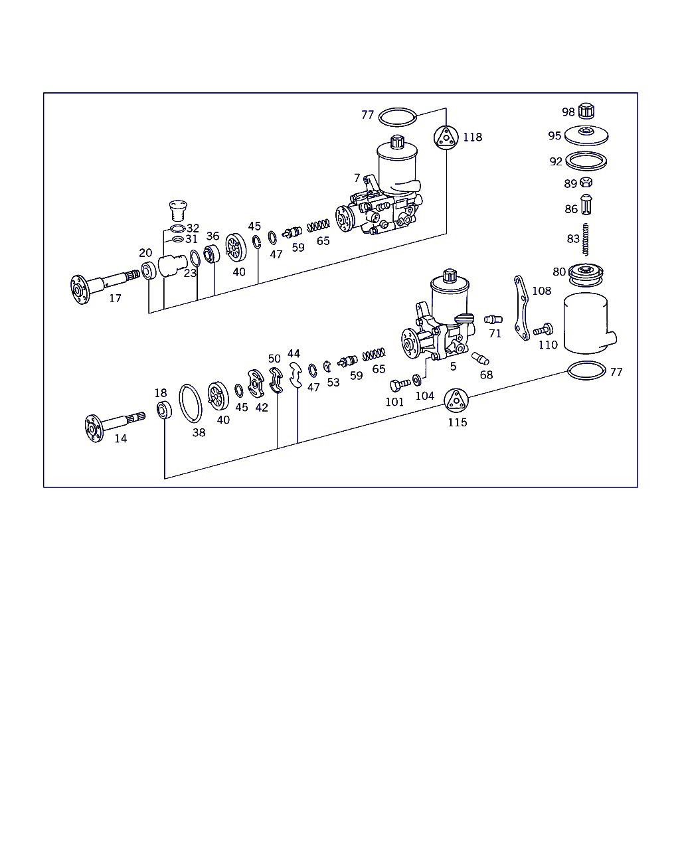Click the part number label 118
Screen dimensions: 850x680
[472, 137]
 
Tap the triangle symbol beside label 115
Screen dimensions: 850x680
[456, 400]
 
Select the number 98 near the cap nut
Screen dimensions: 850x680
[568, 112]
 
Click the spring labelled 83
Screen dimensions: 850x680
[586, 239]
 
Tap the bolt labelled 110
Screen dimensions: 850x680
[543, 329]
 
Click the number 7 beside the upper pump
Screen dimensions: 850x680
[357, 178]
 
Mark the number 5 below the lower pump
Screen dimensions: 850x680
[453, 367]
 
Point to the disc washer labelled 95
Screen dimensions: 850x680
[586, 135]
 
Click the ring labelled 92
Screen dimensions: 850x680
[587, 161]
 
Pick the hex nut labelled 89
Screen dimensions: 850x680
[586, 183]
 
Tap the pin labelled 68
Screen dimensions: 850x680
[480, 359]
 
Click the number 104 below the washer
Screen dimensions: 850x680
[424, 396]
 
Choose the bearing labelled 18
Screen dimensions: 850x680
[163, 410]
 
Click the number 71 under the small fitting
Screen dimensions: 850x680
[495, 334]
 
